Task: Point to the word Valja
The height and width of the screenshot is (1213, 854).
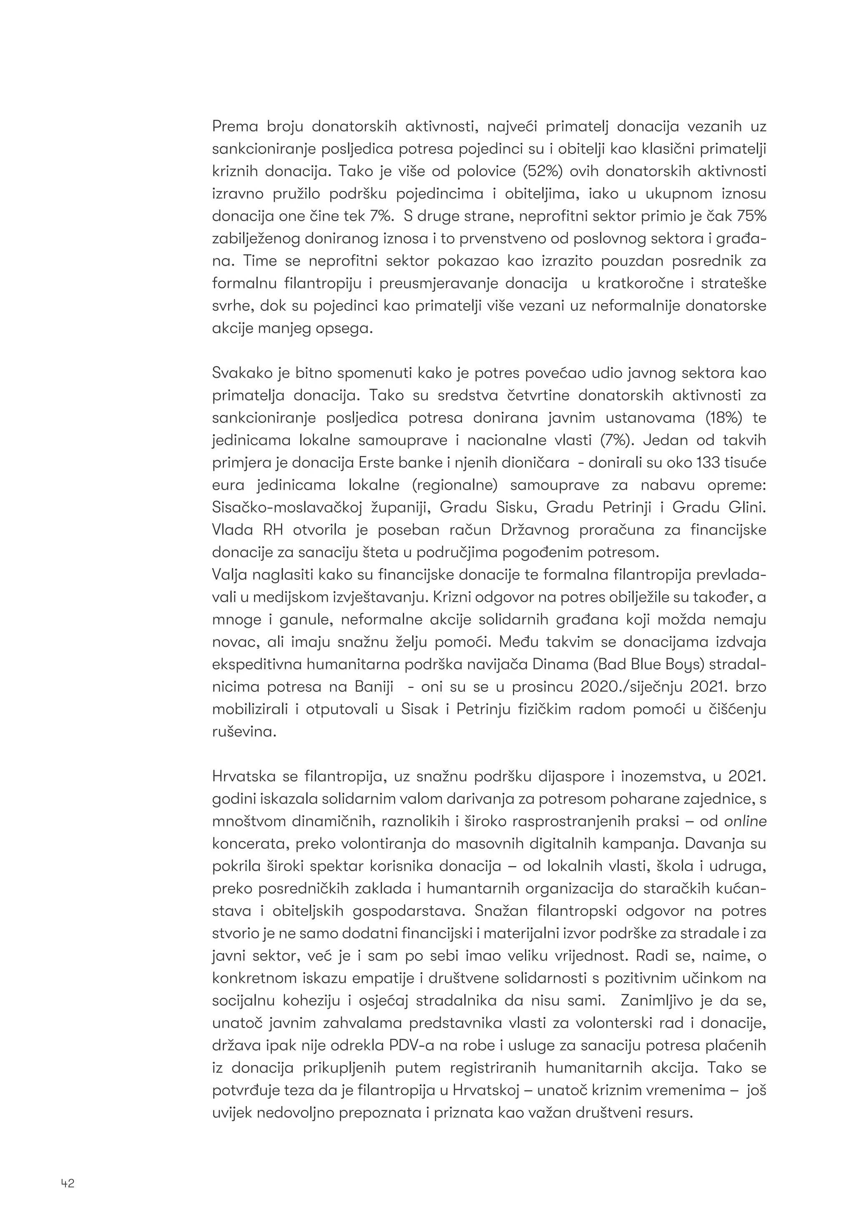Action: point(229,575)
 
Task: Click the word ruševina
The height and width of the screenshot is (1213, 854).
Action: point(244,732)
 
